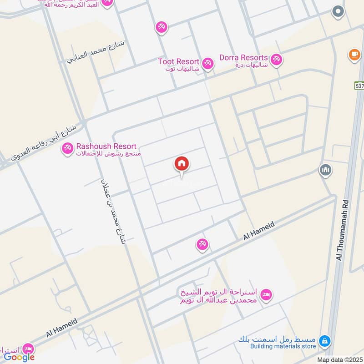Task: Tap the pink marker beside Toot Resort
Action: [208, 63]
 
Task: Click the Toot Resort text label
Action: [178, 61]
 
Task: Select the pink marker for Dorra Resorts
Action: [276, 60]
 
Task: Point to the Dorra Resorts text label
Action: [243, 58]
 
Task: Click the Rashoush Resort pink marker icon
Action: [67, 148]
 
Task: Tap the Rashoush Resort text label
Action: [106, 147]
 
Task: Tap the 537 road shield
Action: [359, 85]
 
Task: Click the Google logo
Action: [19, 357]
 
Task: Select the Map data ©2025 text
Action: [339, 359]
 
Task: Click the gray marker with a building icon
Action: [326, 171]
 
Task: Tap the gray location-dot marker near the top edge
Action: [338, 12]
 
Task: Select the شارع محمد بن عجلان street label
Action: [112, 211]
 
